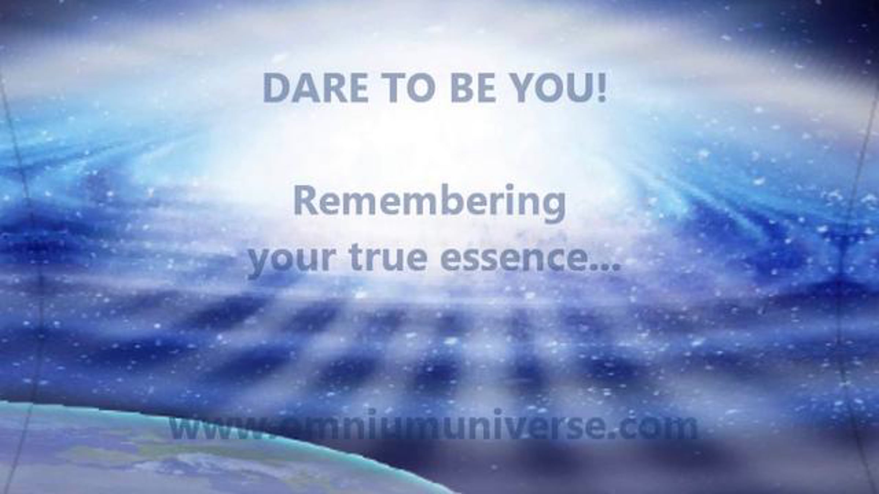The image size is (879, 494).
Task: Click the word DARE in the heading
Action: click(x=316, y=89)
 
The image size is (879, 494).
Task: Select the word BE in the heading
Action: click(x=473, y=89)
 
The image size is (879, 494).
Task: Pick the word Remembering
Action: click(x=429, y=203)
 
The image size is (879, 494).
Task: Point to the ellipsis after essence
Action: click(x=604, y=267)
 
